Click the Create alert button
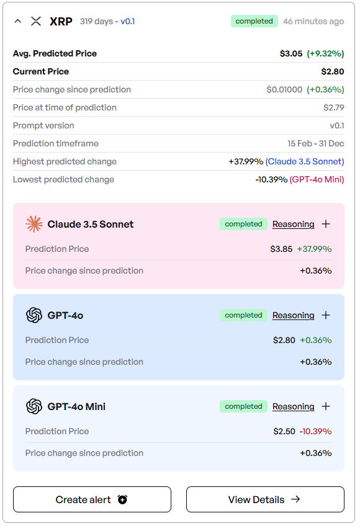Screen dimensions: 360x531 tap(92, 499)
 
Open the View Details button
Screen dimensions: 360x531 tap(265, 499)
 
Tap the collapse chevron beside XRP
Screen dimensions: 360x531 tap(18, 21)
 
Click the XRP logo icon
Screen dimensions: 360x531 tap(36, 21)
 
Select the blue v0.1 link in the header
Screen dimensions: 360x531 tap(128, 21)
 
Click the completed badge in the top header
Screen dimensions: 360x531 tap(254, 21)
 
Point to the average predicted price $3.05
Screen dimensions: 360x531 tap(291, 53)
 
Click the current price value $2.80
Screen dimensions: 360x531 tap(333, 71)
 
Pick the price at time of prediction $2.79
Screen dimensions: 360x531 tap(333, 107)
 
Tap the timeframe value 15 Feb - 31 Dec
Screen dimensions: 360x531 tap(315, 143)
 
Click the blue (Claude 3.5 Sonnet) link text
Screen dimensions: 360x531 tap(305, 161)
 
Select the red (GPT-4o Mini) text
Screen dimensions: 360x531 tap(317, 179)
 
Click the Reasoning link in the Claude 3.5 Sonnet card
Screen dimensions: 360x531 tap(293, 224)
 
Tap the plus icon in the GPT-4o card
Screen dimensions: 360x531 tap(326, 315)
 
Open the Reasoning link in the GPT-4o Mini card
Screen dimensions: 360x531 tap(293, 406)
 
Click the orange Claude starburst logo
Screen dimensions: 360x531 tap(34, 224)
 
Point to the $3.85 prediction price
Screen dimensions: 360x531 tap(281, 249)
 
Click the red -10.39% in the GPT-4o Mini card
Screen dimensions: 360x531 tap(315, 432)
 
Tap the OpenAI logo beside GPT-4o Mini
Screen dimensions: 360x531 tap(34, 406)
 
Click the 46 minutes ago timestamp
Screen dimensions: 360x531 tap(313, 21)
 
